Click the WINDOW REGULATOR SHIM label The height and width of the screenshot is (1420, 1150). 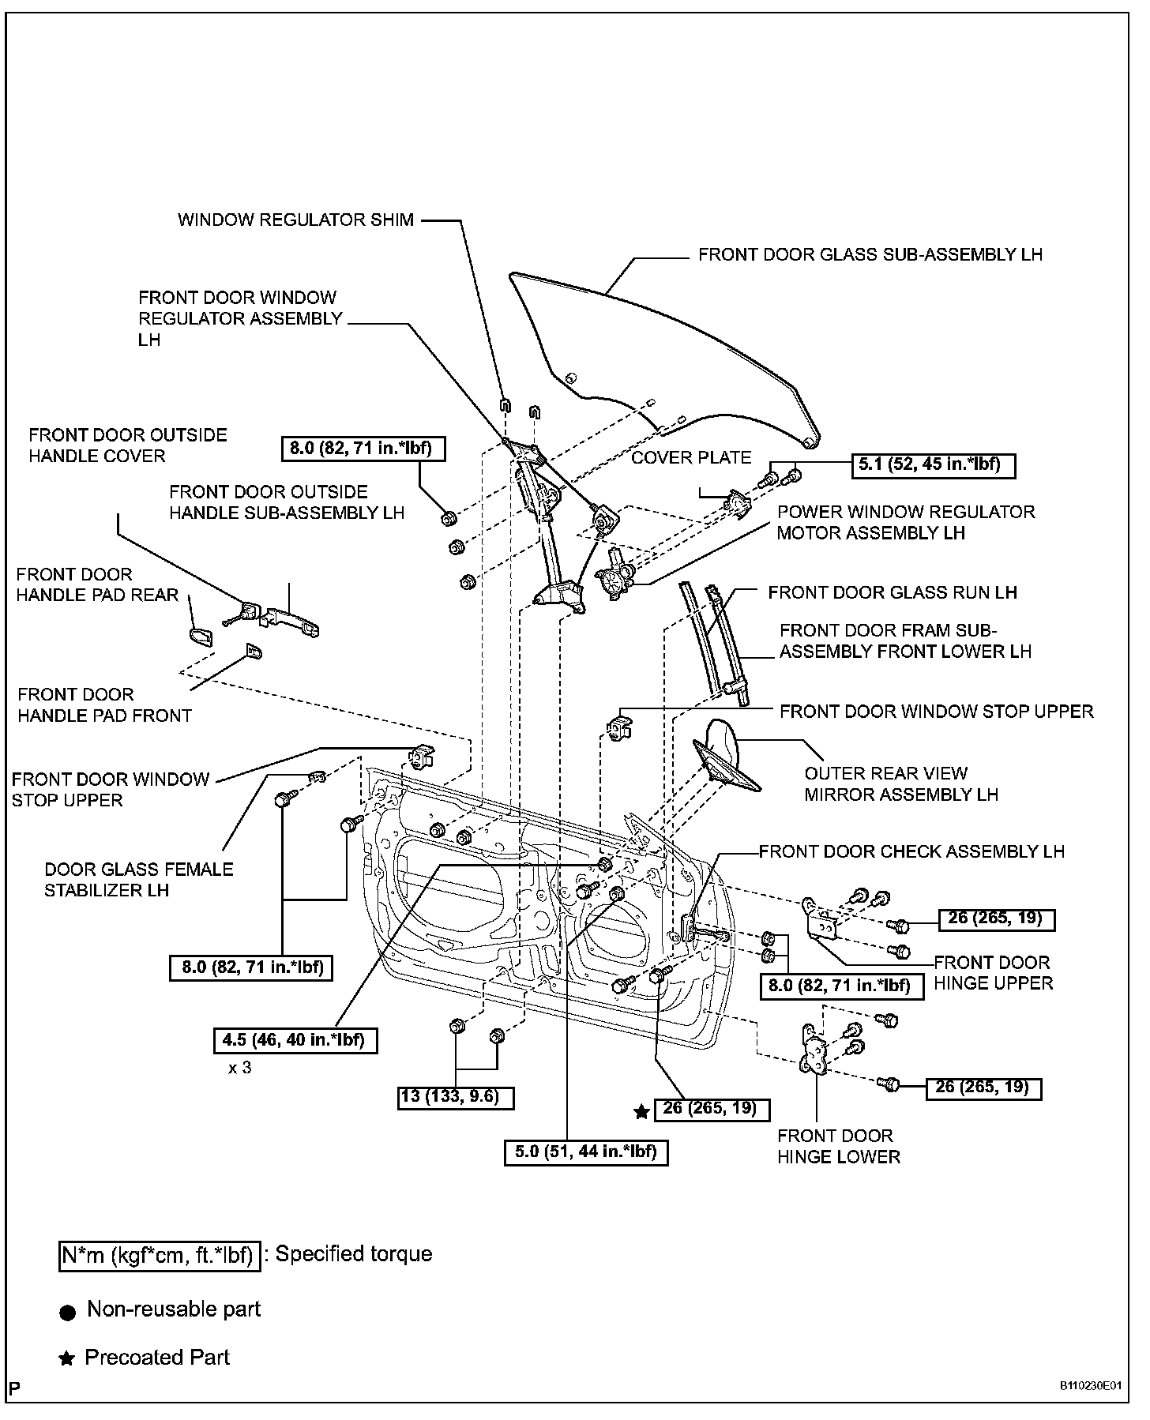[x=295, y=220]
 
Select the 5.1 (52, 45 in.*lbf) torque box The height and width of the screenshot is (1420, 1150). [x=935, y=465]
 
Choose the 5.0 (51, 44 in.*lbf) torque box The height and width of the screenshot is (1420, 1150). [x=586, y=1151]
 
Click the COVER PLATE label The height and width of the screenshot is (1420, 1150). [x=691, y=457]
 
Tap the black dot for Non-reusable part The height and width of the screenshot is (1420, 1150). [x=68, y=1313]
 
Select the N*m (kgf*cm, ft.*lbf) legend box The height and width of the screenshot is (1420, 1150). [x=160, y=1255]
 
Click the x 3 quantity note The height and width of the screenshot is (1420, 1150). [x=240, y=1069]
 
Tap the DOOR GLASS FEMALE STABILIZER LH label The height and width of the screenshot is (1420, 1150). [x=139, y=880]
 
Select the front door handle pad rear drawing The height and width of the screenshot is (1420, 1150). [x=201, y=637]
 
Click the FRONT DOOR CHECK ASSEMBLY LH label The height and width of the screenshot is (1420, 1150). [x=911, y=851]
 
